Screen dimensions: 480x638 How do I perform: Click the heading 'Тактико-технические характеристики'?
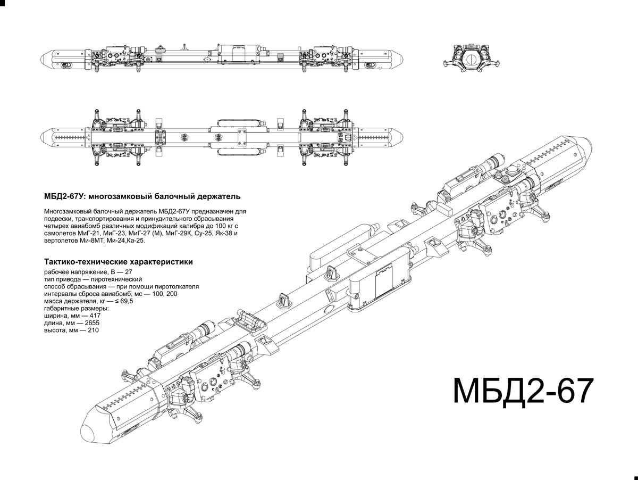click(x=119, y=262)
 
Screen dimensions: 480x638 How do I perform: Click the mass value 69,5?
click(x=127, y=301)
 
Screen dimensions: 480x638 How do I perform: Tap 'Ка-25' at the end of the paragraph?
click(x=136, y=241)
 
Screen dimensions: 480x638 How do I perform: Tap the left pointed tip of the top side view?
click(x=44, y=59)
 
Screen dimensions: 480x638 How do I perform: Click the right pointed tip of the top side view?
click(x=405, y=59)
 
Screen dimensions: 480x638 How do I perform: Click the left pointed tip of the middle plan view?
click(x=44, y=136)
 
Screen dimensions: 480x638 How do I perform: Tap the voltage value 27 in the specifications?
click(x=129, y=271)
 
